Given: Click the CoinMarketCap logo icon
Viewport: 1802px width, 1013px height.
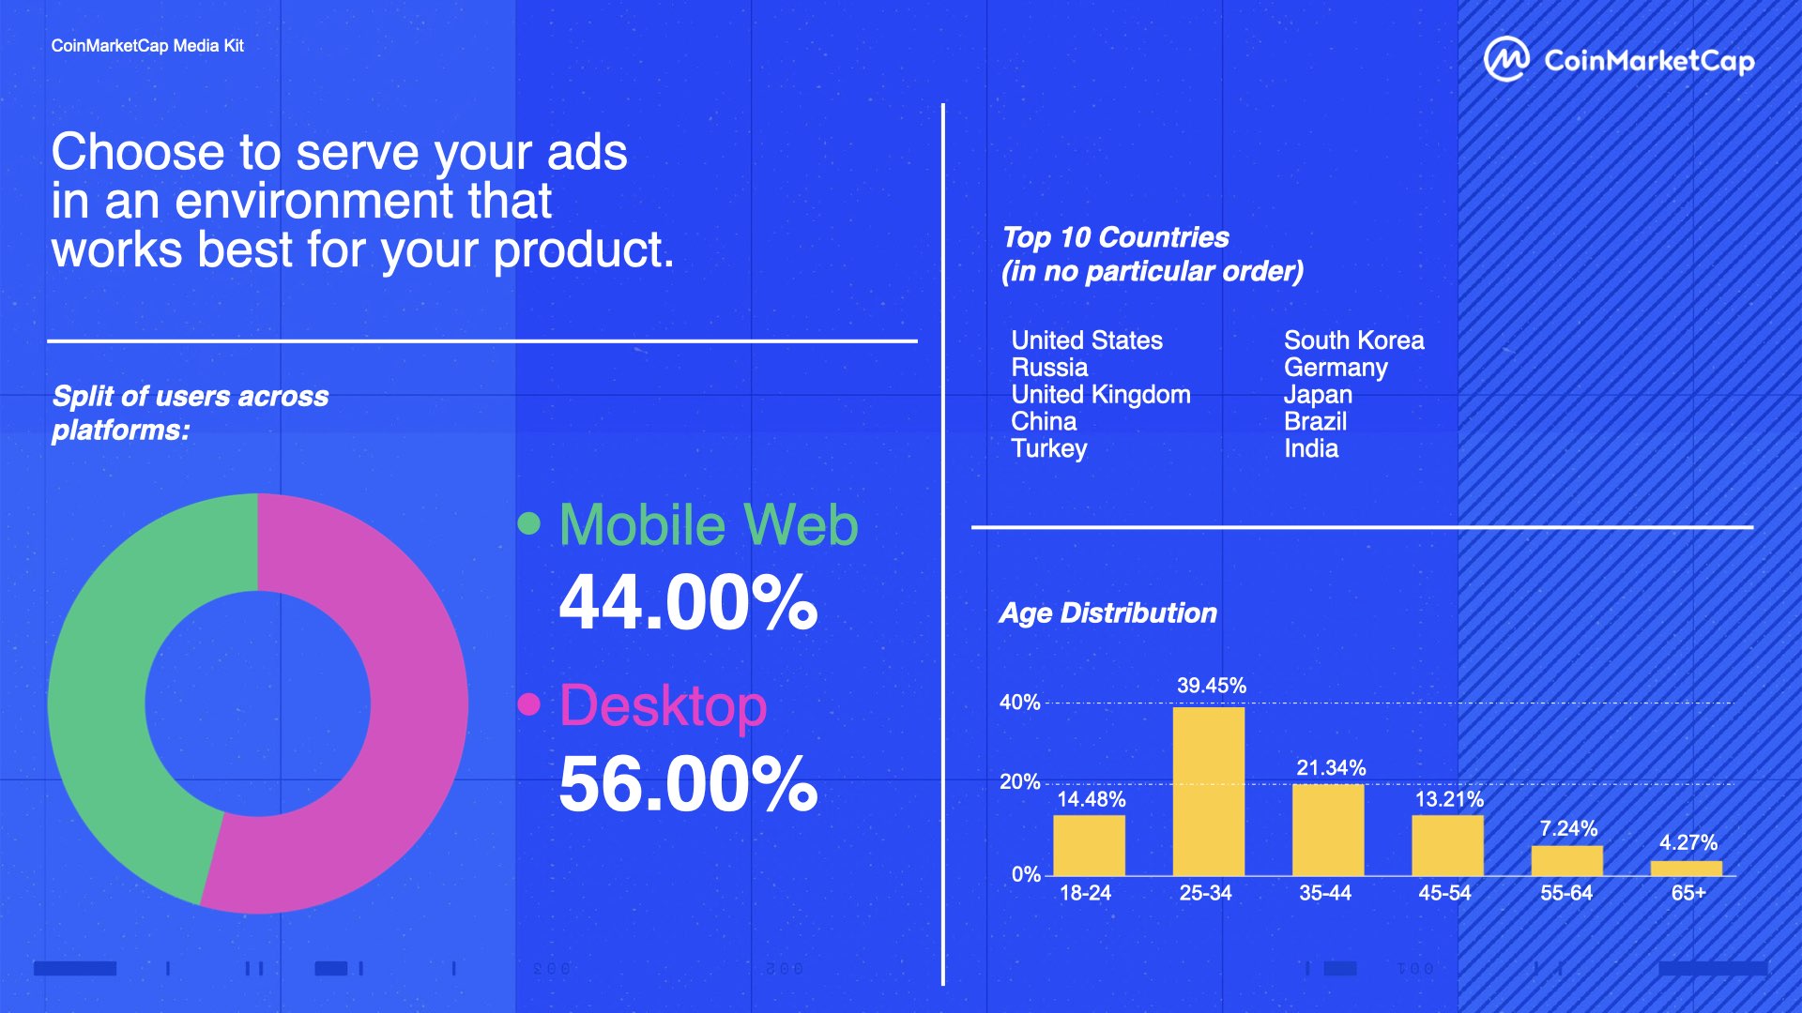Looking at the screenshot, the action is (1506, 60).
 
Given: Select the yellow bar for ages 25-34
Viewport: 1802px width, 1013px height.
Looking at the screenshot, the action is (1209, 791).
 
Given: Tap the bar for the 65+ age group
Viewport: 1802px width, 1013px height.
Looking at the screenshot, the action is (1687, 868).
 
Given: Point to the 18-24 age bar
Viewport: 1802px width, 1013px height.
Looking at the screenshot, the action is (1089, 845).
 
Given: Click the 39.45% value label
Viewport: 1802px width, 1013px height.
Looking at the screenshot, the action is (1212, 686).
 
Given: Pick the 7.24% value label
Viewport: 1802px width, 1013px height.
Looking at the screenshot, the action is (1568, 828).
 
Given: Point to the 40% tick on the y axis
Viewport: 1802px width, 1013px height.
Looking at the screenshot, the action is (1020, 703).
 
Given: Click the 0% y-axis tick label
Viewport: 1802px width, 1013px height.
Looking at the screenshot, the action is (1026, 874).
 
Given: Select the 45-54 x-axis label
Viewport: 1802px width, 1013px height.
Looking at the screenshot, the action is (1444, 893).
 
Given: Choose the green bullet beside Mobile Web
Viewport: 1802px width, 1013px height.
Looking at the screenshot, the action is (529, 523).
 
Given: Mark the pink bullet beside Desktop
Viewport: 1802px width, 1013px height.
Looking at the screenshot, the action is (529, 704).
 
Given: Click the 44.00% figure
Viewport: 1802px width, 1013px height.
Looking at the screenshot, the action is (688, 602).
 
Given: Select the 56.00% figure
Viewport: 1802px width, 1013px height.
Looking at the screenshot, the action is (688, 784).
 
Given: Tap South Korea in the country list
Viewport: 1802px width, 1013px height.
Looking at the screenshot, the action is (1353, 340).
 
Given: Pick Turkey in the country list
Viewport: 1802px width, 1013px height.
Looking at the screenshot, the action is (1049, 449).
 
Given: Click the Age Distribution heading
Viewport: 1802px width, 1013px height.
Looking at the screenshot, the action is (1107, 613).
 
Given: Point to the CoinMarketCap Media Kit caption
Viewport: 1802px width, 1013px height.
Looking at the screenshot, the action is (147, 46).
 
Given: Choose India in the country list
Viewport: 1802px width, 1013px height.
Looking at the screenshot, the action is (1311, 448).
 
